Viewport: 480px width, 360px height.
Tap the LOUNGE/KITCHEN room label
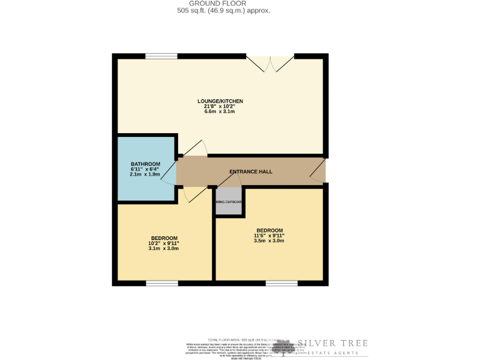pyautogui.click(x=220, y=101)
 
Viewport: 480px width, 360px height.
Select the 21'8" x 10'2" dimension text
pyautogui.click(x=220, y=106)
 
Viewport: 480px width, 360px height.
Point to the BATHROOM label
pyautogui.click(x=146, y=164)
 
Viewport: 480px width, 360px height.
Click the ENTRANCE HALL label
pyautogui.click(x=251, y=172)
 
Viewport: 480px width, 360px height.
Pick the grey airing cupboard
pyautogui.click(x=229, y=202)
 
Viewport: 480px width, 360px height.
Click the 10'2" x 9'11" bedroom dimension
pyautogui.click(x=164, y=243)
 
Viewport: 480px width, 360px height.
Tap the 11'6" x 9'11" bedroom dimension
pyautogui.click(x=269, y=236)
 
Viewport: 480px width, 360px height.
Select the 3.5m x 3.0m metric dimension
pyautogui.click(x=269, y=241)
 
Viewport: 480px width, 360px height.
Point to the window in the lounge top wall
pyautogui.click(x=161, y=57)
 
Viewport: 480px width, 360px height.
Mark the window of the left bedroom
pyautogui.click(x=162, y=283)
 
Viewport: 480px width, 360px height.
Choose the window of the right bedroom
pyautogui.click(x=281, y=283)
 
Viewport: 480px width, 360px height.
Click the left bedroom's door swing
pyautogui.click(x=195, y=194)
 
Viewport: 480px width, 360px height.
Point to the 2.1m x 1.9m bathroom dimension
pyautogui.click(x=146, y=174)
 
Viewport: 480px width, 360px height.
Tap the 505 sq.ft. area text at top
pyautogui.click(x=223, y=11)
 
